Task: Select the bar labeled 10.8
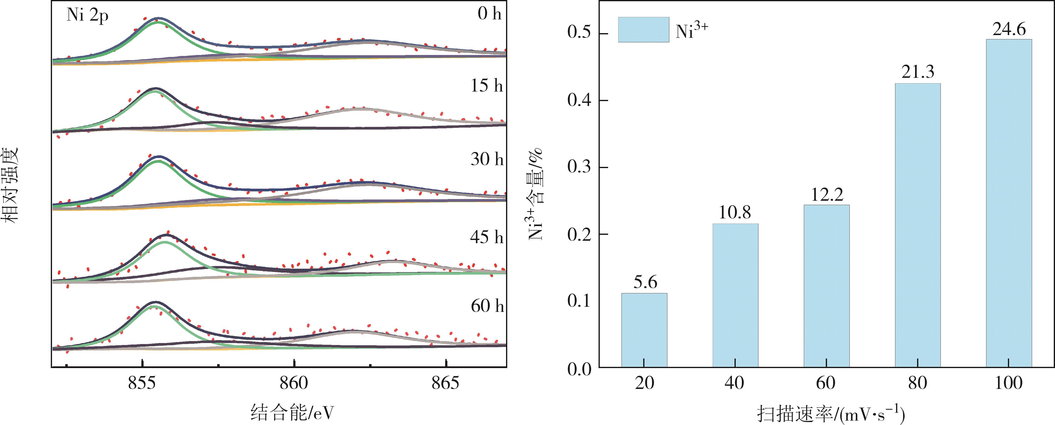coord(735,295)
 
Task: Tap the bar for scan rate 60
coord(827,286)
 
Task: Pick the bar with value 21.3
coord(918,225)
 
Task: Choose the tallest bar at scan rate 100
coord(1009,203)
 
